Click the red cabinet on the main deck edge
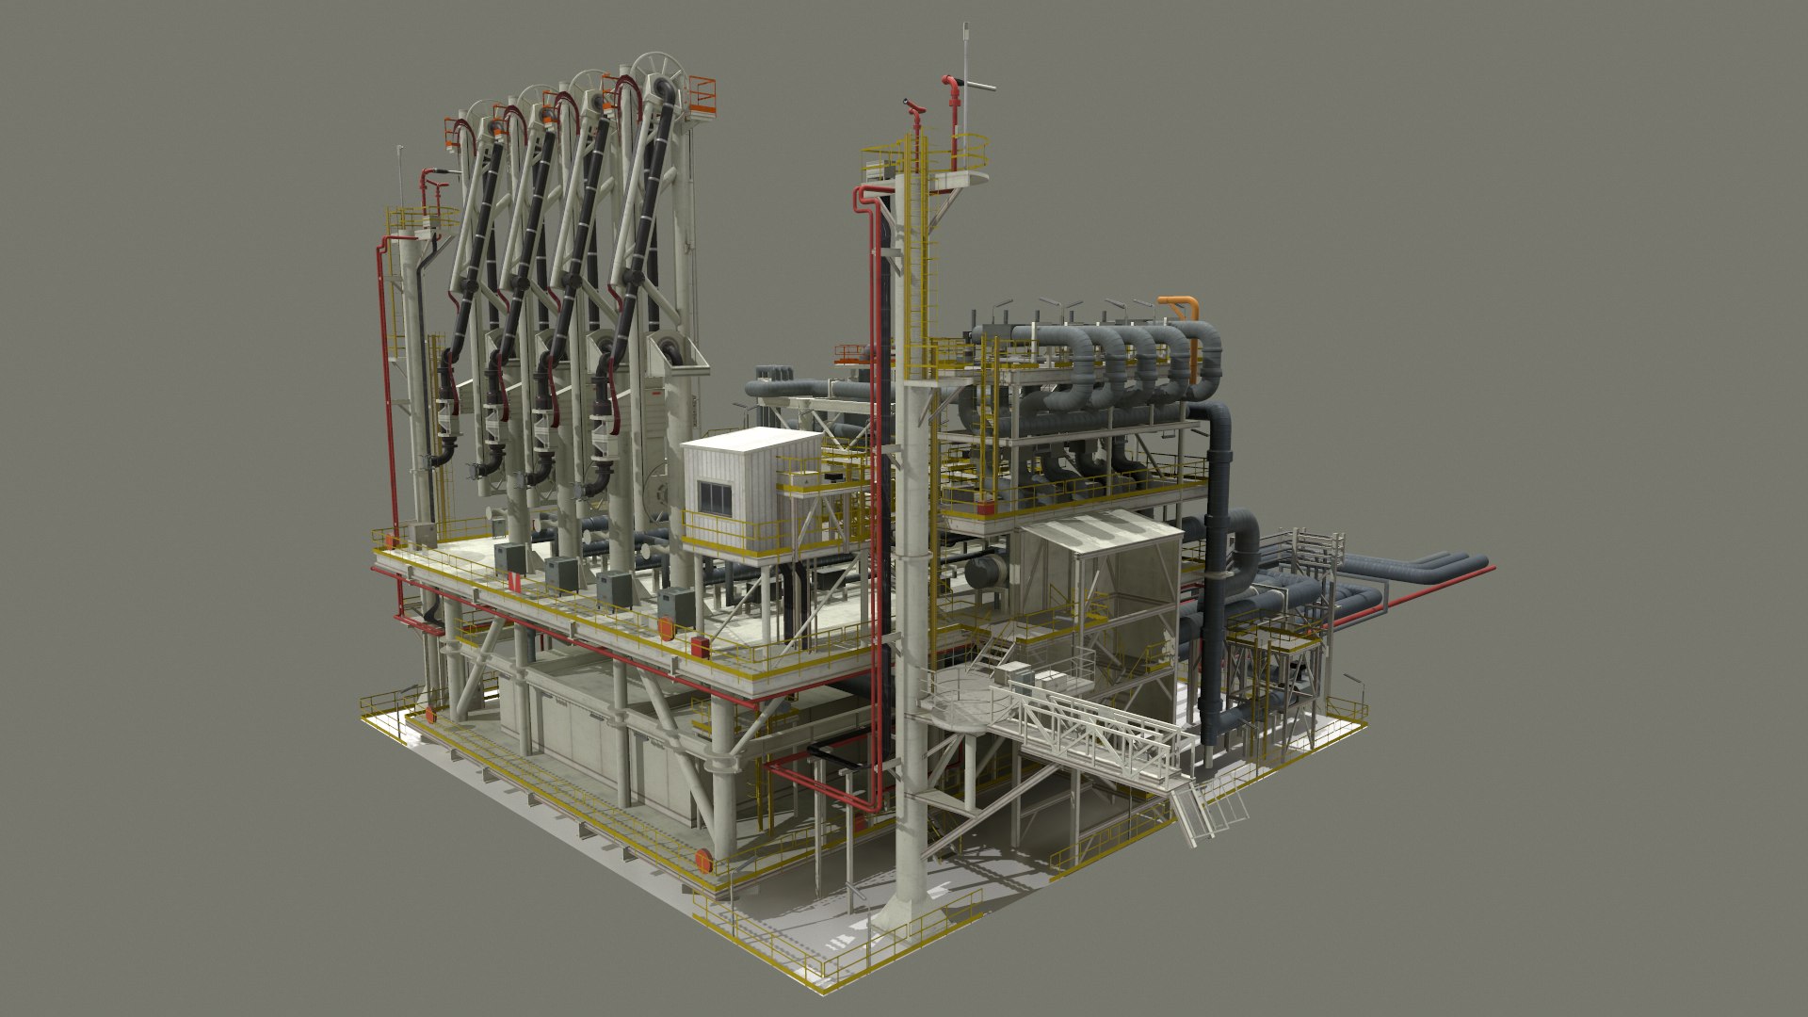(700, 646)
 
